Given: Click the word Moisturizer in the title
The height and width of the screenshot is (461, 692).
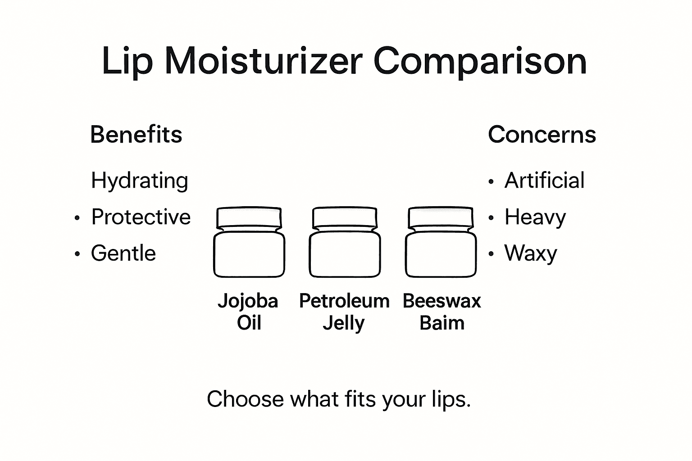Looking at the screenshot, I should tap(264, 61).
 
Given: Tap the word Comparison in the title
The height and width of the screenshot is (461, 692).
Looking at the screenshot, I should tap(480, 62).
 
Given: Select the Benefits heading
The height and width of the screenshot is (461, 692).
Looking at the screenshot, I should tap(136, 135).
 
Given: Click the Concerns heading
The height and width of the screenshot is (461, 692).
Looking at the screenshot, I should tap(542, 135).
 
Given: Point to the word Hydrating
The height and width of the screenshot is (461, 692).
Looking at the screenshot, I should tap(140, 181).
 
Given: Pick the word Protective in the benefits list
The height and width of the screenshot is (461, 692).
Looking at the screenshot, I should tap(141, 217).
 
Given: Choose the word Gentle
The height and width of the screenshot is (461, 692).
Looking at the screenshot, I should tap(123, 253).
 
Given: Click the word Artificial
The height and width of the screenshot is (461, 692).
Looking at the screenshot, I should tap(544, 181).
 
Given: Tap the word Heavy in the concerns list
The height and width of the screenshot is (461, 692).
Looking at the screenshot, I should tap(535, 217).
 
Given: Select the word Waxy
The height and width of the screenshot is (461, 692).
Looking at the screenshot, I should tap(531, 254).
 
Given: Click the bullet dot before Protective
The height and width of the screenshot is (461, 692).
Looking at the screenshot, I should tap(77, 218).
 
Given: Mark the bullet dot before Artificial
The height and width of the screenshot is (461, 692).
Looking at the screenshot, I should tap(491, 182).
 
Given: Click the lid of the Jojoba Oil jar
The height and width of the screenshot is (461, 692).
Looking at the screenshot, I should tap(249, 218).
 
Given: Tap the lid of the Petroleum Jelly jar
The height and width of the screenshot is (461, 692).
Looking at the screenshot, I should tap(345, 218).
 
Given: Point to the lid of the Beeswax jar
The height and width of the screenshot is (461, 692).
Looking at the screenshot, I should tap(441, 218).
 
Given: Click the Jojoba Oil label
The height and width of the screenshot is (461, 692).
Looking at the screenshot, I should tap(248, 312).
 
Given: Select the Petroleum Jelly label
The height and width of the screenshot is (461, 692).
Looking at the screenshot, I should tap(344, 312).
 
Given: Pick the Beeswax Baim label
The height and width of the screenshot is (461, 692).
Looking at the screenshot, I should tap(442, 312).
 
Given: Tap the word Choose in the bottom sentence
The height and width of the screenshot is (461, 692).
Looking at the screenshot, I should tap(245, 399).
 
